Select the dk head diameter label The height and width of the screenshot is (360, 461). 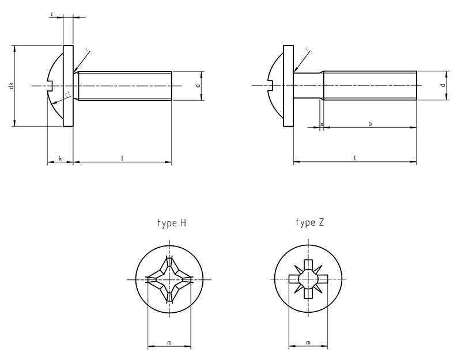coord(11,86)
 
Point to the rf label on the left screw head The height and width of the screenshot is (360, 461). coord(67,94)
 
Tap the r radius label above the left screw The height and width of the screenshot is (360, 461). coord(86,51)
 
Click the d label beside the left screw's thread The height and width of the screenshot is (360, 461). coord(198,86)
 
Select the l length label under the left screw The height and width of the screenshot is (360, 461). coord(122,157)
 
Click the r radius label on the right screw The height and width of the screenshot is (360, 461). coord(307,50)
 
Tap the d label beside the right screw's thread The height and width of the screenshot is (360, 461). coord(442,86)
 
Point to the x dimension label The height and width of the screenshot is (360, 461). coord(321,123)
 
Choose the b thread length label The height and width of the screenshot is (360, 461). coord(369,123)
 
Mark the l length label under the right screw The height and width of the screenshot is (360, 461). coord(354,157)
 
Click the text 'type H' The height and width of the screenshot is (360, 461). coord(172,222)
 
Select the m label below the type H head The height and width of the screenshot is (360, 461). coord(169,343)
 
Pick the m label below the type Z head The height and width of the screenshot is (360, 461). coord(308,343)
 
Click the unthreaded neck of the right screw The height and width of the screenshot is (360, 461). coord(308,86)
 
